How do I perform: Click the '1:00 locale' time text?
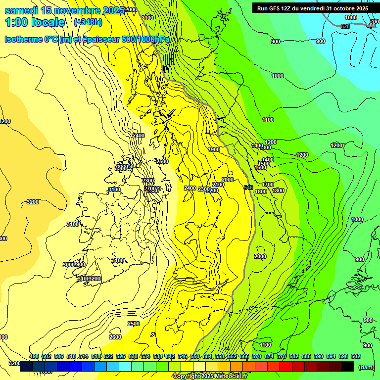tap(35, 22)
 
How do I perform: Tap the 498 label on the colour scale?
tap(34, 356)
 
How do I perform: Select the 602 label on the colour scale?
tap(356, 356)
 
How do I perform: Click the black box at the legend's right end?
tap(348, 366)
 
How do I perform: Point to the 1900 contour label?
tap(214, 149)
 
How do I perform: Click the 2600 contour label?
tap(115, 337)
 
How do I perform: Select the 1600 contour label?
tap(260, 167)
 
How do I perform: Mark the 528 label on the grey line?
tap(345, 26)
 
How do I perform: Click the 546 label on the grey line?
tap(248, 188)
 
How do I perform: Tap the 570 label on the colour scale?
tap(257, 356)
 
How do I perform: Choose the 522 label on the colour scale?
tap(108, 356)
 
